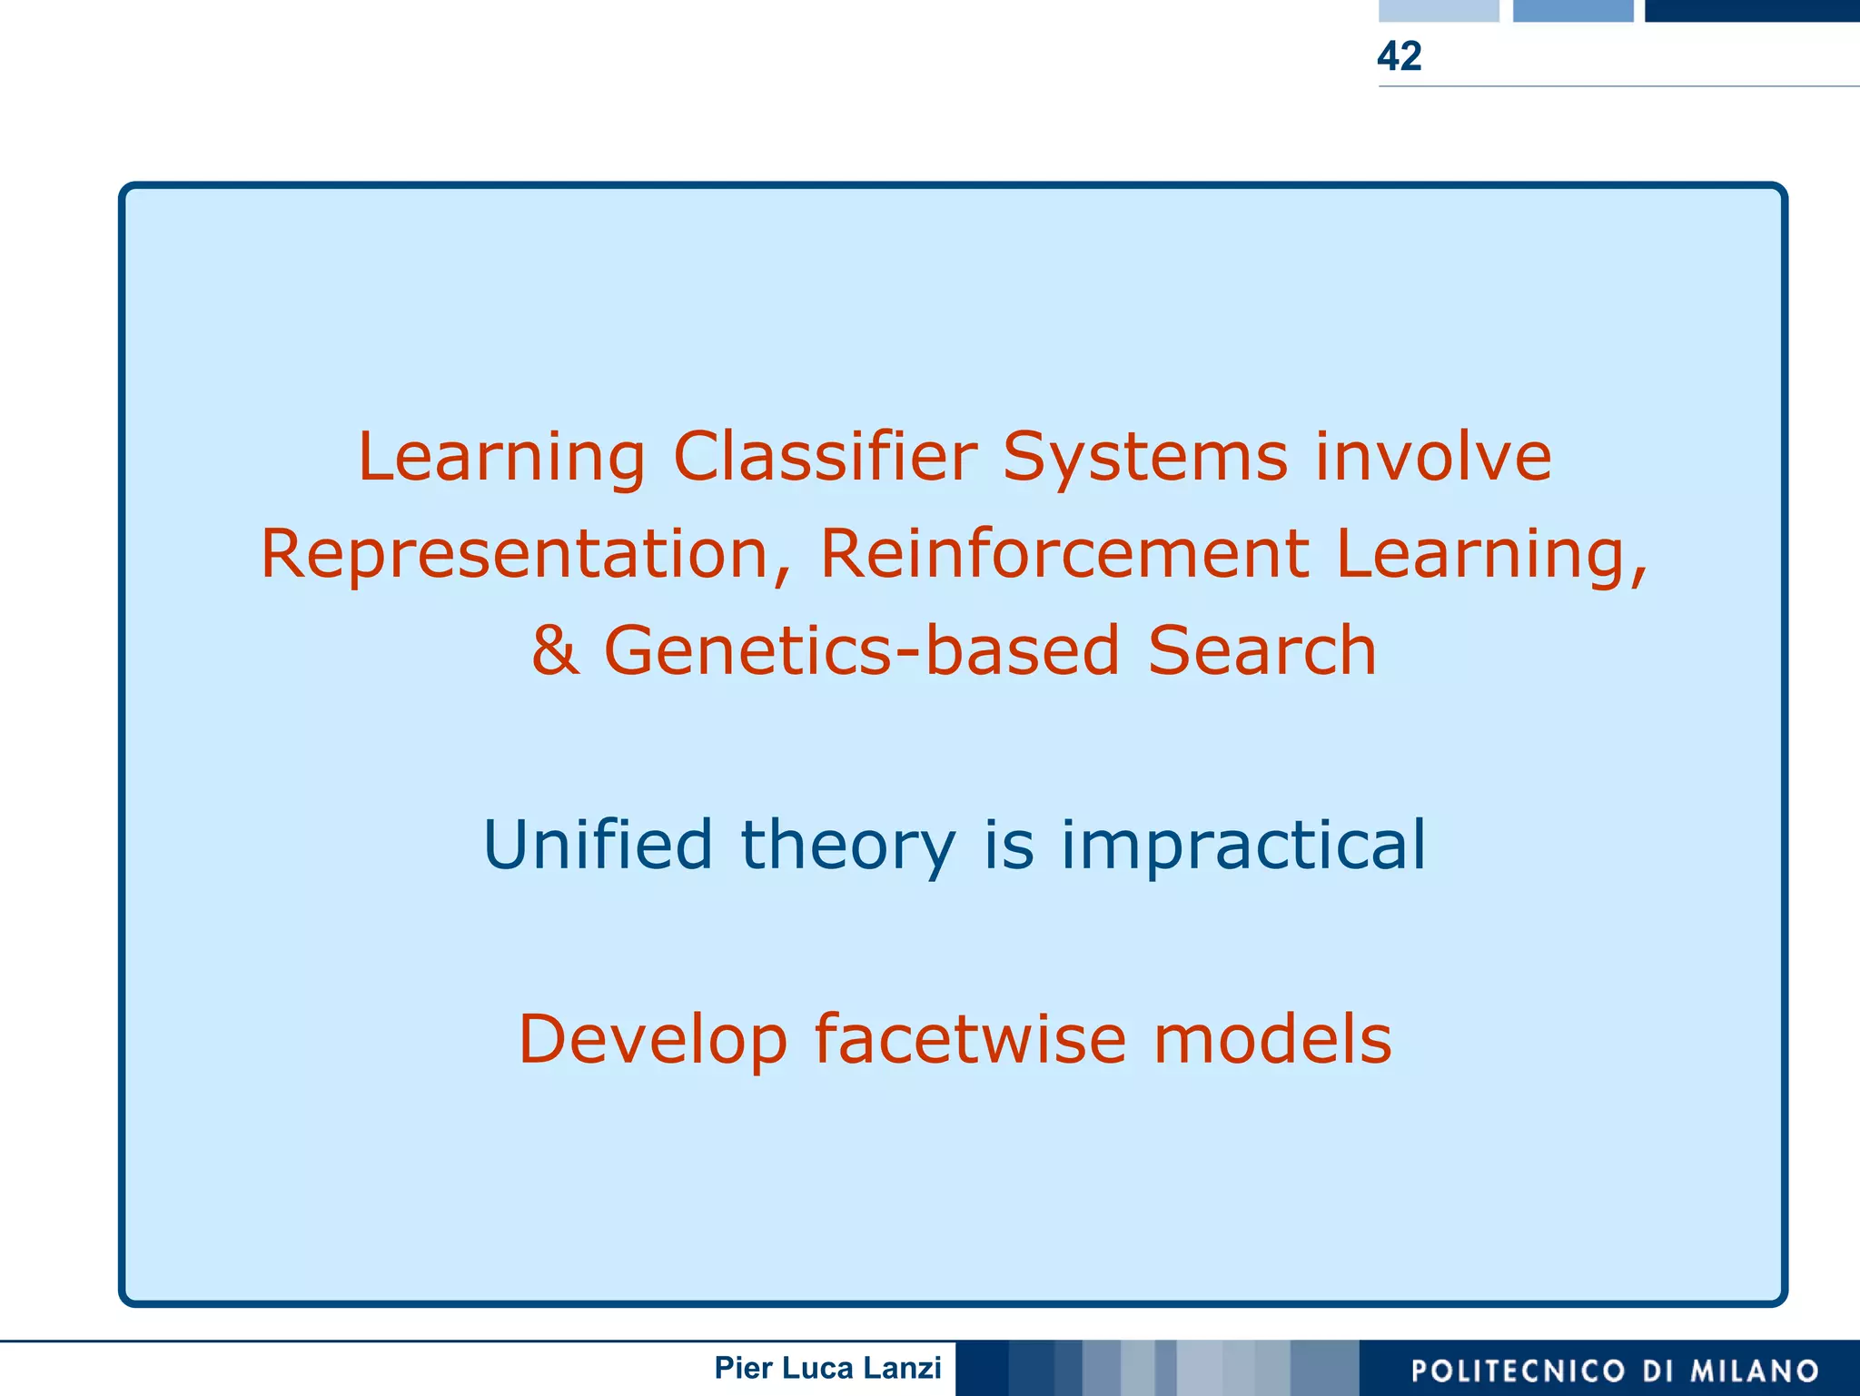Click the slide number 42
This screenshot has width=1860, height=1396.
[1399, 56]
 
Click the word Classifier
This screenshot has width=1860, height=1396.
[825, 457]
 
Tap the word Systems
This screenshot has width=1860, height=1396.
[1144, 457]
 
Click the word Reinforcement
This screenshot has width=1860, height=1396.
[1064, 554]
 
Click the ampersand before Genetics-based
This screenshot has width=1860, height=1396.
[555, 651]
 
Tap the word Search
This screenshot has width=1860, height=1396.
[1261, 651]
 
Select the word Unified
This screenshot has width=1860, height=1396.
[598, 845]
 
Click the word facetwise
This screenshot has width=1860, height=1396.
[970, 1039]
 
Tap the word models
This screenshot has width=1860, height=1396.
[1271, 1039]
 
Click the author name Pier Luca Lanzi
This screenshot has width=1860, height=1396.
[827, 1368]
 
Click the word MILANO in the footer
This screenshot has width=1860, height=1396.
[1754, 1371]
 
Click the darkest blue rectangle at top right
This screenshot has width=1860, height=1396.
[1751, 10]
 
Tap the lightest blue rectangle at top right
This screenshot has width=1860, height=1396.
[1439, 10]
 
